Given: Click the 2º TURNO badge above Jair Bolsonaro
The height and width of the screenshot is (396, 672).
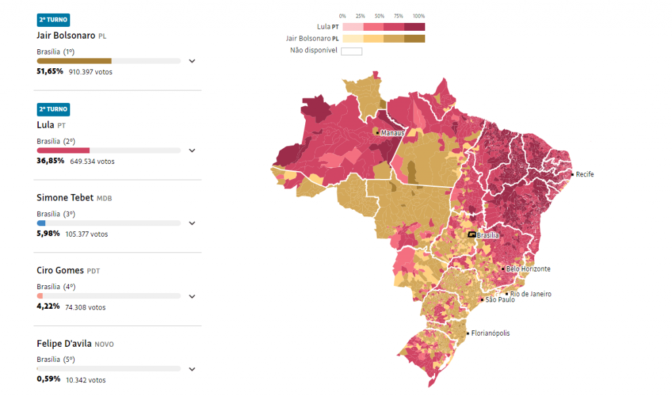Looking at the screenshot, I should [53, 20].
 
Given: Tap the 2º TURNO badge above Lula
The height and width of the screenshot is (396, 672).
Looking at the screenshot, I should [53, 109].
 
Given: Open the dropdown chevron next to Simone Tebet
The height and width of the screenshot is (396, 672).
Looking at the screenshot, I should [192, 223].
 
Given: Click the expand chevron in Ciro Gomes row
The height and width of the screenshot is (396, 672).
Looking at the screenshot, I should [192, 296].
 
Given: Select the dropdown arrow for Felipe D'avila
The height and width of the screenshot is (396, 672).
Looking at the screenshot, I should [192, 369].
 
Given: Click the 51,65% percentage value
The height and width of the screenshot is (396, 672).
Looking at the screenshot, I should [50, 71].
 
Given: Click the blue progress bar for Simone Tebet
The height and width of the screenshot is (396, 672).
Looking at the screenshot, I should [41, 223].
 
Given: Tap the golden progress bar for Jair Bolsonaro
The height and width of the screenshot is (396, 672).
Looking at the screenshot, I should [74, 61].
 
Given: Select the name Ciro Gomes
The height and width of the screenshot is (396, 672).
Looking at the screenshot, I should [60, 270].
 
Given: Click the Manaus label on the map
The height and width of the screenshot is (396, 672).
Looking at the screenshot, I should [392, 133].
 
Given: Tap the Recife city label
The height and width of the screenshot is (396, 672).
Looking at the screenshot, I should [585, 174].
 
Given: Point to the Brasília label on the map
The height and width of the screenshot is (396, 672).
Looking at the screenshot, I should [488, 235].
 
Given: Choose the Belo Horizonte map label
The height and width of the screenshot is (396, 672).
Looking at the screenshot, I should [528, 269].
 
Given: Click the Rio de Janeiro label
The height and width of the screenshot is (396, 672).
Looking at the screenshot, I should [530, 294].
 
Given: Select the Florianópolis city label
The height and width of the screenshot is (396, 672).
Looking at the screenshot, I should [490, 333].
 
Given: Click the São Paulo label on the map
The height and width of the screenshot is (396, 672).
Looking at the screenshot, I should [499, 300].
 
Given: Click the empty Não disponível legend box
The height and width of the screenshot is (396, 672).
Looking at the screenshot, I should [351, 51].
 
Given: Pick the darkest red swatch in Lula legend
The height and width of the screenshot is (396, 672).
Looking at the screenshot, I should [414, 27].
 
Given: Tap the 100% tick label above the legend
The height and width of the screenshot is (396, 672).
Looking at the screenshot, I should [419, 16].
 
